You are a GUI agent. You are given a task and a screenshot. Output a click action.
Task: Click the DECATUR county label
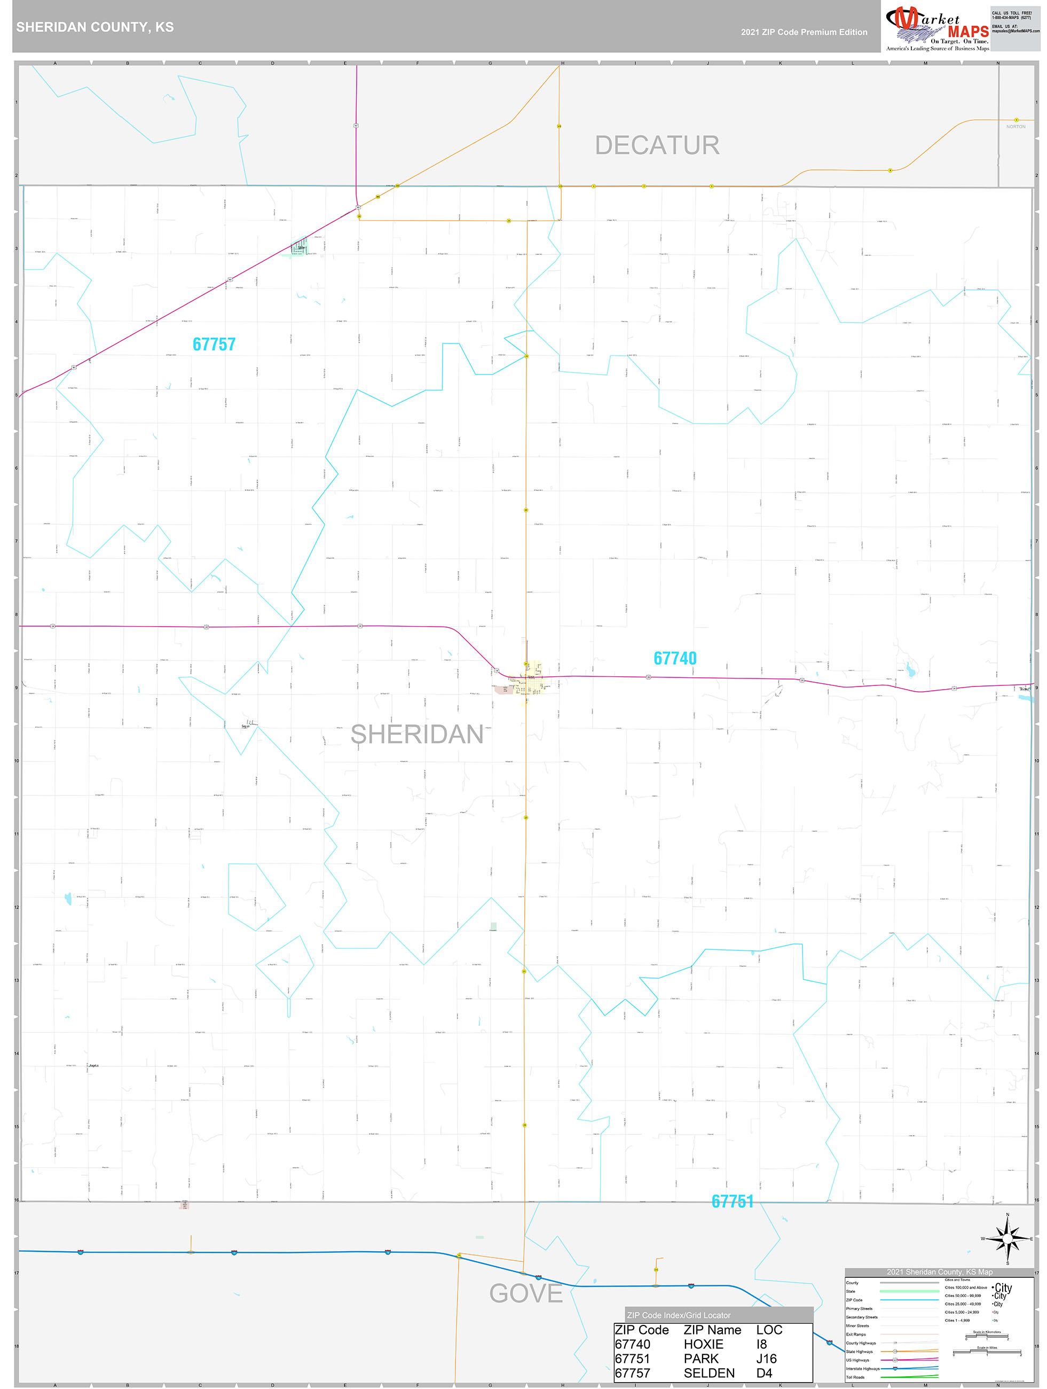pyautogui.click(x=657, y=146)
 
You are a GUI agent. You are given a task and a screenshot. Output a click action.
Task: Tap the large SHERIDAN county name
pyautogui.click(x=417, y=734)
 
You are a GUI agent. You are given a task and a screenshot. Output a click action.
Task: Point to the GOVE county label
pyautogui.click(x=525, y=1293)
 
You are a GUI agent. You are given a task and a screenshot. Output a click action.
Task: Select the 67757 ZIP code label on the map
pyautogui.click(x=214, y=344)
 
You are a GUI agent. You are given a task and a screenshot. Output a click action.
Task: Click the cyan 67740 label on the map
pyautogui.click(x=675, y=658)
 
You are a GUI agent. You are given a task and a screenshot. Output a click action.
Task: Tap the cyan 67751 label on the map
pyautogui.click(x=732, y=1201)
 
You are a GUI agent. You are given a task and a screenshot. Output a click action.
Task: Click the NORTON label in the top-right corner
pyautogui.click(x=1015, y=127)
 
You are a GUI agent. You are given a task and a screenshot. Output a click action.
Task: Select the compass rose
pyautogui.click(x=1007, y=1239)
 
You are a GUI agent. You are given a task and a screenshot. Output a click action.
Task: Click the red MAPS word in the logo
pyautogui.click(x=968, y=32)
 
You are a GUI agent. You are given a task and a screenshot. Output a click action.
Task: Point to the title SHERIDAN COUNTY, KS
pyautogui.click(x=95, y=27)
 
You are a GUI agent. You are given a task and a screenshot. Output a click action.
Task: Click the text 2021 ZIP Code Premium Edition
pyautogui.click(x=804, y=32)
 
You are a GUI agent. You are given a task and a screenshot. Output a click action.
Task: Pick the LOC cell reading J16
pyautogui.click(x=766, y=1358)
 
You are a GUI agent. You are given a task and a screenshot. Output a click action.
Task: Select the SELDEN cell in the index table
pyautogui.click(x=709, y=1372)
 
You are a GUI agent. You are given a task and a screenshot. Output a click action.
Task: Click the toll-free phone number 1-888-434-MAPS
pyautogui.click(x=1011, y=18)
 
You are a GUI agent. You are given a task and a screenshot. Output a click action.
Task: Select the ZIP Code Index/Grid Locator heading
pyautogui.click(x=679, y=1315)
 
